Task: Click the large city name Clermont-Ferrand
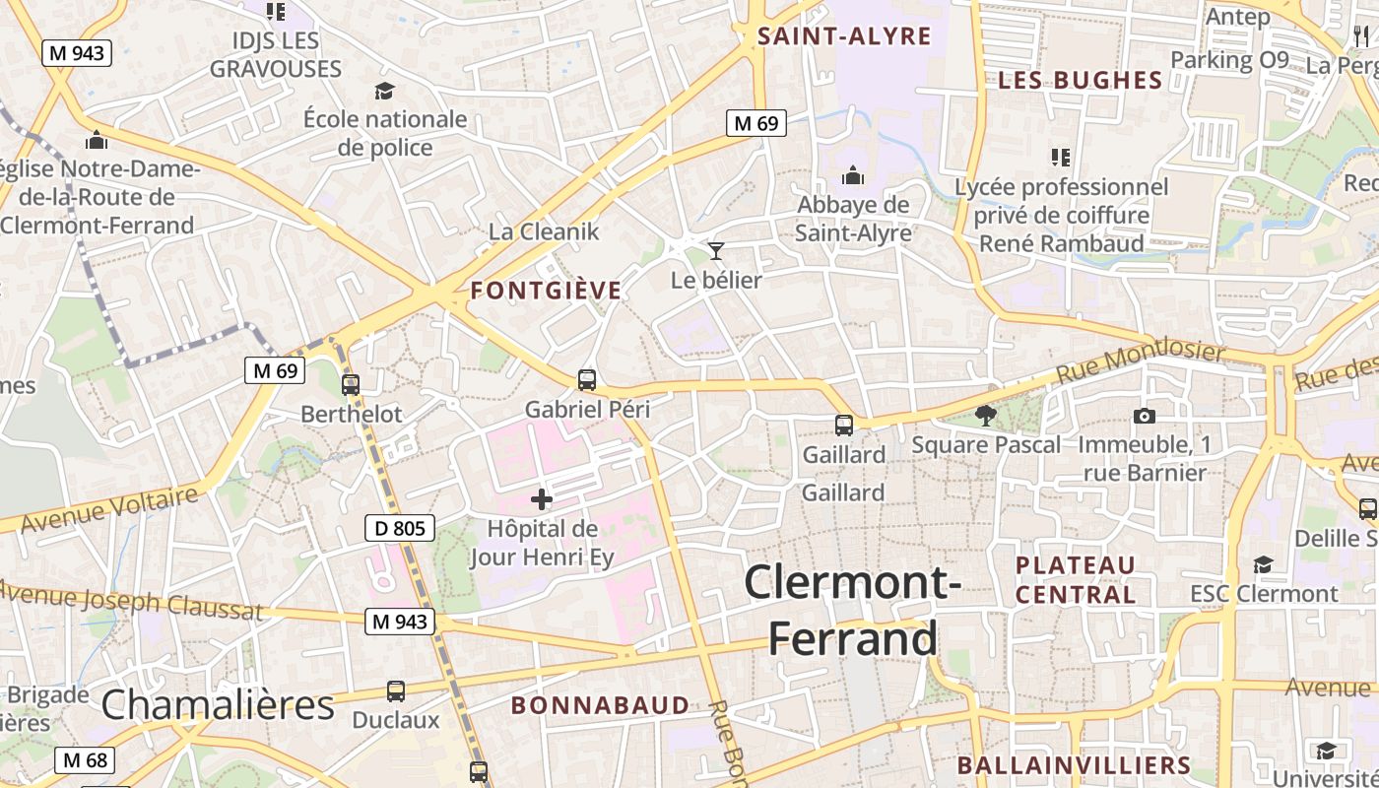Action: (853, 610)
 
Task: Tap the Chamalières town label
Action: (218, 705)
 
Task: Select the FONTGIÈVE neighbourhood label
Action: (546, 291)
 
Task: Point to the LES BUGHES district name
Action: (1081, 81)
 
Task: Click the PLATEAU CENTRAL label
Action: (1076, 580)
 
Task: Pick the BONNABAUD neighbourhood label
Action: (601, 705)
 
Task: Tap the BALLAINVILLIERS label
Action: (1074, 765)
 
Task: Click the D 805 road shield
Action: (400, 529)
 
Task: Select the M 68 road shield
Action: (84, 760)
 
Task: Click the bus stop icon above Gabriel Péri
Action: (587, 379)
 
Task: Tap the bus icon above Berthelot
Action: (351, 385)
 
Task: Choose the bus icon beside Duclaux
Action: (396, 691)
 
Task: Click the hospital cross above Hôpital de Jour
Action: (542, 499)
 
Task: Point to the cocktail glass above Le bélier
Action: (716, 251)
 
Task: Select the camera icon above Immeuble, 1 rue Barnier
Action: (1144, 416)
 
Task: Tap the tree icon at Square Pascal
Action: (984, 416)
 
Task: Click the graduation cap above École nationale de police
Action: (384, 92)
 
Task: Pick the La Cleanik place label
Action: (544, 232)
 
